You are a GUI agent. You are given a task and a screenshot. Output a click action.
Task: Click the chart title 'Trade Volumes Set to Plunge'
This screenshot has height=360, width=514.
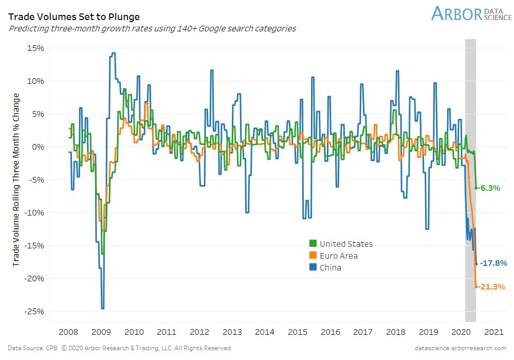(74, 16)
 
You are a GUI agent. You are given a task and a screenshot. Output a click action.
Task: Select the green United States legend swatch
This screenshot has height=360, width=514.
(313, 244)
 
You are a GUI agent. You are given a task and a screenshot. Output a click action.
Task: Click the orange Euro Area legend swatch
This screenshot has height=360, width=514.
(313, 256)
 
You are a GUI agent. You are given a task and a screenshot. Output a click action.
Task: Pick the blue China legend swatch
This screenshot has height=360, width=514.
(313, 267)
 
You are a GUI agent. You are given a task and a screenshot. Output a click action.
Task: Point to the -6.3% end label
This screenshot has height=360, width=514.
(490, 188)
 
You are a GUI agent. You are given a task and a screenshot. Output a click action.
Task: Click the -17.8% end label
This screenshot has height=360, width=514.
(493, 263)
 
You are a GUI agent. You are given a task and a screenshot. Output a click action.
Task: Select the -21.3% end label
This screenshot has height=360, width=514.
(492, 287)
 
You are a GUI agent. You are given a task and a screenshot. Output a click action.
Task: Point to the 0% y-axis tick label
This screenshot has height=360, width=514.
(38, 147)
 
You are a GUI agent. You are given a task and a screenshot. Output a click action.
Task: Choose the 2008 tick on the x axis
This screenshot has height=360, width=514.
(68, 332)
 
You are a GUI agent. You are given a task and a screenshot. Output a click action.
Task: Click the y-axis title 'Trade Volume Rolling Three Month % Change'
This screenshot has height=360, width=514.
(16, 179)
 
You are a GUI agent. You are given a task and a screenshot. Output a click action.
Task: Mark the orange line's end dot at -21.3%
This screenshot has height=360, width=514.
(476, 286)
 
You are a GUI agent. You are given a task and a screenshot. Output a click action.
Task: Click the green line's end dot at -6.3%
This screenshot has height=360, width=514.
(476, 188)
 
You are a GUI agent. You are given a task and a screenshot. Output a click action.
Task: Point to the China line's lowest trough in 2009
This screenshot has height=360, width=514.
(103, 308)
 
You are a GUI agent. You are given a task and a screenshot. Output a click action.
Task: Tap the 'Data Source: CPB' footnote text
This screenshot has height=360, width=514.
(33, 348)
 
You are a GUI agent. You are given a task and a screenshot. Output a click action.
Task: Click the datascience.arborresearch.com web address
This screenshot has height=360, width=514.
(461, 348)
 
